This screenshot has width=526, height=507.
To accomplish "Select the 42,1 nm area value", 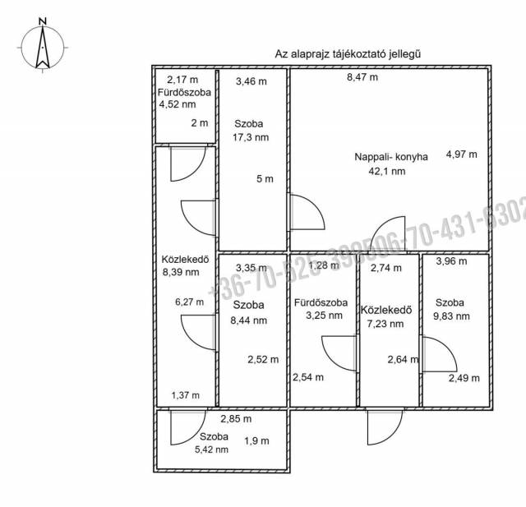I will [x=387, y=172].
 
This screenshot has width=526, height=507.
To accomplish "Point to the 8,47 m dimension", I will [x=362, y=78].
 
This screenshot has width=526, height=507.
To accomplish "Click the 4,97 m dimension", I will [x=461, y=154].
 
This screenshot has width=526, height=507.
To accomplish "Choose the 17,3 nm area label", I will [x=251, y=137].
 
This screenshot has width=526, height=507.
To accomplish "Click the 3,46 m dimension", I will [x=251, y=81].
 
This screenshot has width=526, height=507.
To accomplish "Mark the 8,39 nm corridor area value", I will [x=181, y=272].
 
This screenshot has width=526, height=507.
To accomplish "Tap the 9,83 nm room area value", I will [x=453, y=316].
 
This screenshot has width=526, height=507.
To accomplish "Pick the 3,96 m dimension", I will [x=451, y=262].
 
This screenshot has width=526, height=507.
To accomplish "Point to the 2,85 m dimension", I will [x=235, y=420].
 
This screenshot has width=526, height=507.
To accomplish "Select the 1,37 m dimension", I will [x=185, y=395].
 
